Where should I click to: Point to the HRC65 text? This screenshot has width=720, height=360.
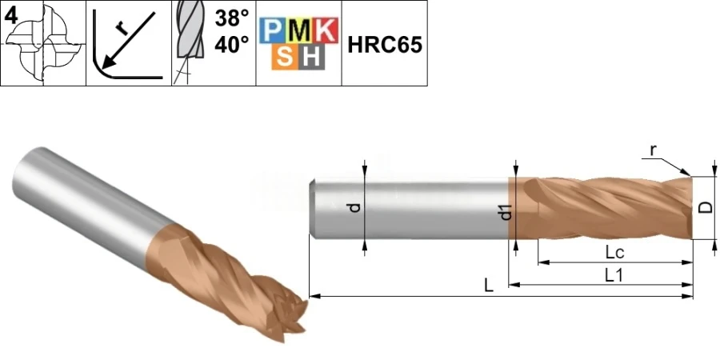pos(384,44)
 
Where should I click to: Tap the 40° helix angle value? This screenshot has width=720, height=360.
pos(231,46)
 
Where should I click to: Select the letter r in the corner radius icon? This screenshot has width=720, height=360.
pos(121,29)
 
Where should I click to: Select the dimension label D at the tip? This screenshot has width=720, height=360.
pos(704,207)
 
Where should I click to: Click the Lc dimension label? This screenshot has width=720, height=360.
pos(614,252)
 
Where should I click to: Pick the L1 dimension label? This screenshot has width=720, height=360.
pos(614,275)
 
